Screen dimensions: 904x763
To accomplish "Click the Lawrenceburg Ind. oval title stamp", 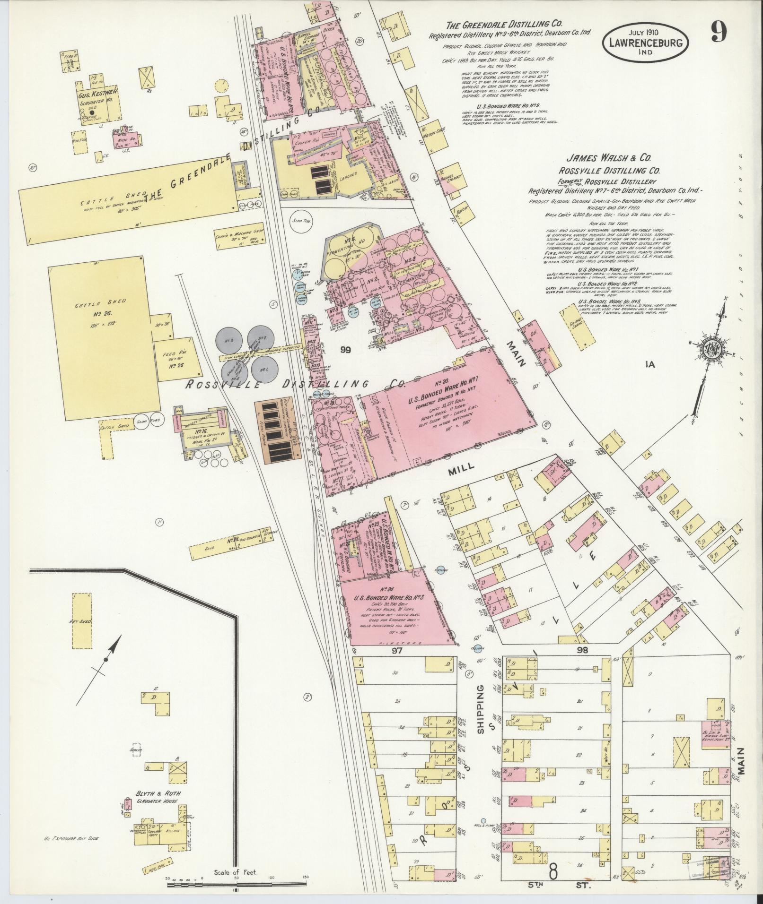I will click(645, 42).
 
